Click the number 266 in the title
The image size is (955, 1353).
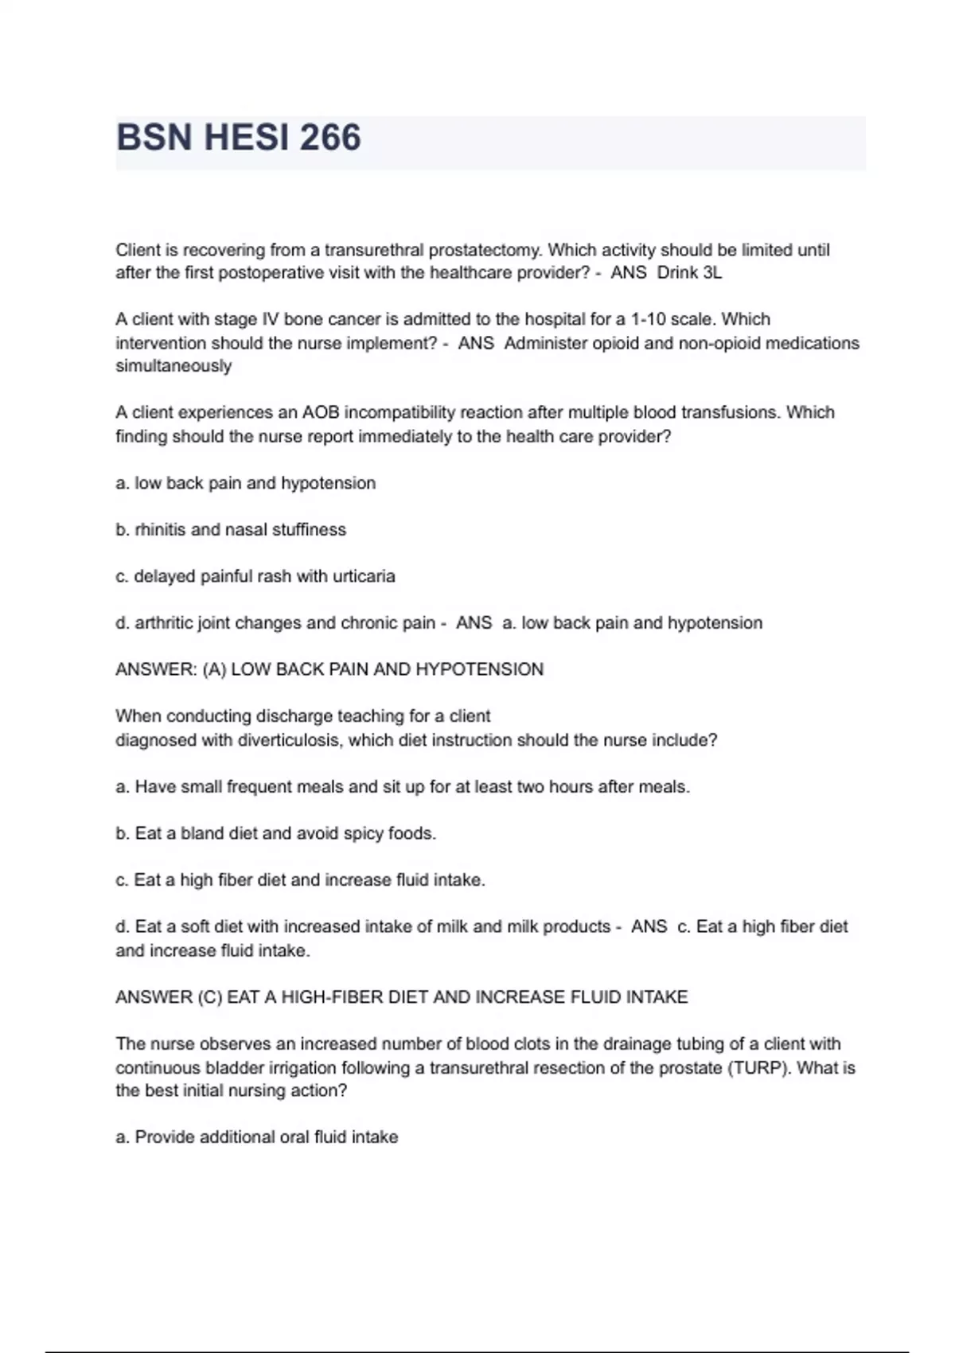(330, 138)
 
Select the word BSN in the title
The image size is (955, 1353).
(154, 138)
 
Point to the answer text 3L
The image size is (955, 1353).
(712, 273)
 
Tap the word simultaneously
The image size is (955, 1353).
(173, 366)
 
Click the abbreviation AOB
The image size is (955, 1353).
(321, 412)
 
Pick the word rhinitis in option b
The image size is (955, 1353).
(162, 530)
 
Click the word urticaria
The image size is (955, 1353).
(364, 576)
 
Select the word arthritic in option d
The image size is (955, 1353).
(163, 623)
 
